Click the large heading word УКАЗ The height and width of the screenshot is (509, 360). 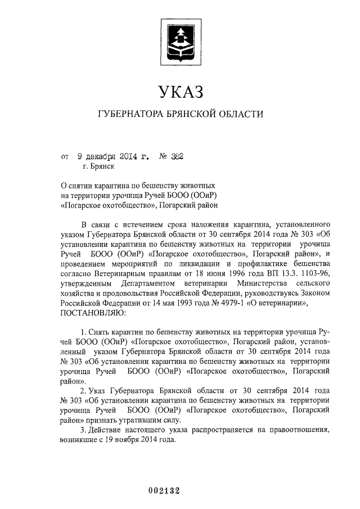point(179,90)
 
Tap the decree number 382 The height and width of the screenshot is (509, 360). point(175,157)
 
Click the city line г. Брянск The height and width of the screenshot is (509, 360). point(98,167)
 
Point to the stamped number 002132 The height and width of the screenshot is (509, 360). point(163,490)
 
